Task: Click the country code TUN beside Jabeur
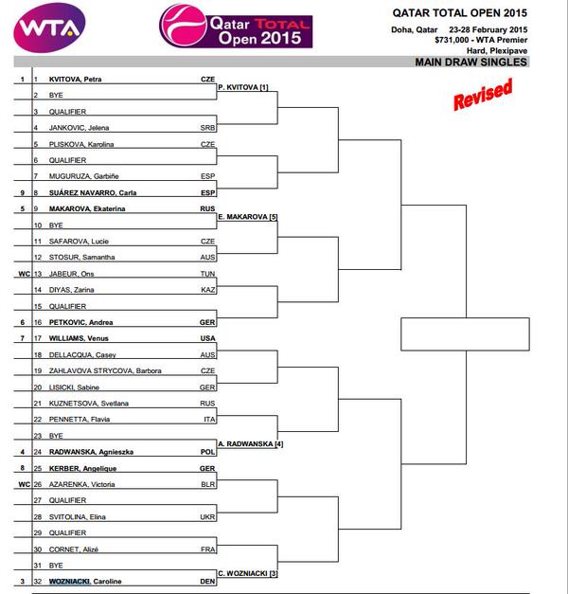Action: click(x=208, y=273)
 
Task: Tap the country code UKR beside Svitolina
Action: click(x=208, y=515)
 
